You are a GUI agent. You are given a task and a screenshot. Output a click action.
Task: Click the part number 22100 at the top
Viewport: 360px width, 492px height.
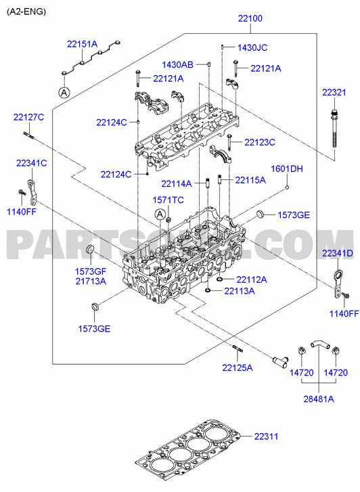point(250,18)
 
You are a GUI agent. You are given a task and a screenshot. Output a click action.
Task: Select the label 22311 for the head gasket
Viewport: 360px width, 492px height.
point(266,437)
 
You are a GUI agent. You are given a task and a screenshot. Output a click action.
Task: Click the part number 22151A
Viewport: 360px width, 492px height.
point(83,44)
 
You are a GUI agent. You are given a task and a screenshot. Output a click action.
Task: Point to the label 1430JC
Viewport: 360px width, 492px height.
point(252,47)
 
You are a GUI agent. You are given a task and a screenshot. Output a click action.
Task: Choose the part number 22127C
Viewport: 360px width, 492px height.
point(28,117)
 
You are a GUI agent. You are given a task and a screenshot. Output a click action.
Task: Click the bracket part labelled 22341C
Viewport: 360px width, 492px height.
point(32,192)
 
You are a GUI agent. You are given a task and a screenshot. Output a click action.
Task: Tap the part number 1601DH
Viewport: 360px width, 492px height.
point(287,169)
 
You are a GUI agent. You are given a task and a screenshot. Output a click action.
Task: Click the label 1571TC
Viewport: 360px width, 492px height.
point(168,200)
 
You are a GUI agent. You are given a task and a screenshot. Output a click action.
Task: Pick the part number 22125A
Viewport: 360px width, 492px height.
point(238,367)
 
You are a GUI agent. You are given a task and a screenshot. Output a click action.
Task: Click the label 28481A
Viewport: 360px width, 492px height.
point(319,399)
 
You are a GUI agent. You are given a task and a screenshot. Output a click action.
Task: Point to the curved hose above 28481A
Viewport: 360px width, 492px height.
point(319,343)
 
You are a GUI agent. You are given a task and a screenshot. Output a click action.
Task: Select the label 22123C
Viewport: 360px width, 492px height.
point(260,142)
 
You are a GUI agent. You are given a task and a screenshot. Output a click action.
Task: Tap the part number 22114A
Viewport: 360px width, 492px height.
point(177,183)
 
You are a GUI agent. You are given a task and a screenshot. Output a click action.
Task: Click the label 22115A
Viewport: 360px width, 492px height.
point(250,180)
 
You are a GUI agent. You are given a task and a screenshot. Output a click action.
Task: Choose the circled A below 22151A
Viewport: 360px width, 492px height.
point(64,92)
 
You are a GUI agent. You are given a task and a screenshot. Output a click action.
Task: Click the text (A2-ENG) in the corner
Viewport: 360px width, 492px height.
point(26,12)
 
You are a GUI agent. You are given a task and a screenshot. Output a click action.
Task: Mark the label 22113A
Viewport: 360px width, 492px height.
point(240,291)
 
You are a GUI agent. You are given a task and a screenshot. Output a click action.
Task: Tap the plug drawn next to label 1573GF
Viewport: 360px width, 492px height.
point(90,250)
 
